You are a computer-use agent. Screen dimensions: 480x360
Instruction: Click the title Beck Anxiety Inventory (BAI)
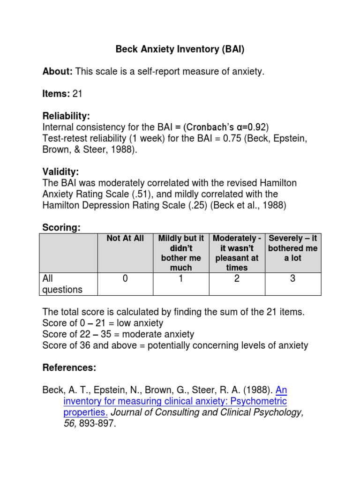click(180, 49)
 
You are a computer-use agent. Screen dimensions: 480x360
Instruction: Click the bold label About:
click(57, 72)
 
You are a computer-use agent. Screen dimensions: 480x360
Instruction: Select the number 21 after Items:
click(77, 94)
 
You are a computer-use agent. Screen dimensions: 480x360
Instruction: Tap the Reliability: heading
click(66, 116)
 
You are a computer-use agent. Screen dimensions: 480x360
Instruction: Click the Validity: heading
click(61, 172)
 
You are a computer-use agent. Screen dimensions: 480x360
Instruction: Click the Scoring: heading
click(61, 227)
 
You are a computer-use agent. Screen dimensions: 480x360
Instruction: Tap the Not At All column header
click(125, 239)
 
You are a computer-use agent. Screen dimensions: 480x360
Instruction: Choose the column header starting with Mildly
click(181, 253)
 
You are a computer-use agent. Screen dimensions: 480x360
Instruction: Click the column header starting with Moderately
click(237, 253)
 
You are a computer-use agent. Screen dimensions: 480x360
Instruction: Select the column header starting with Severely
click(293, 248)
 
